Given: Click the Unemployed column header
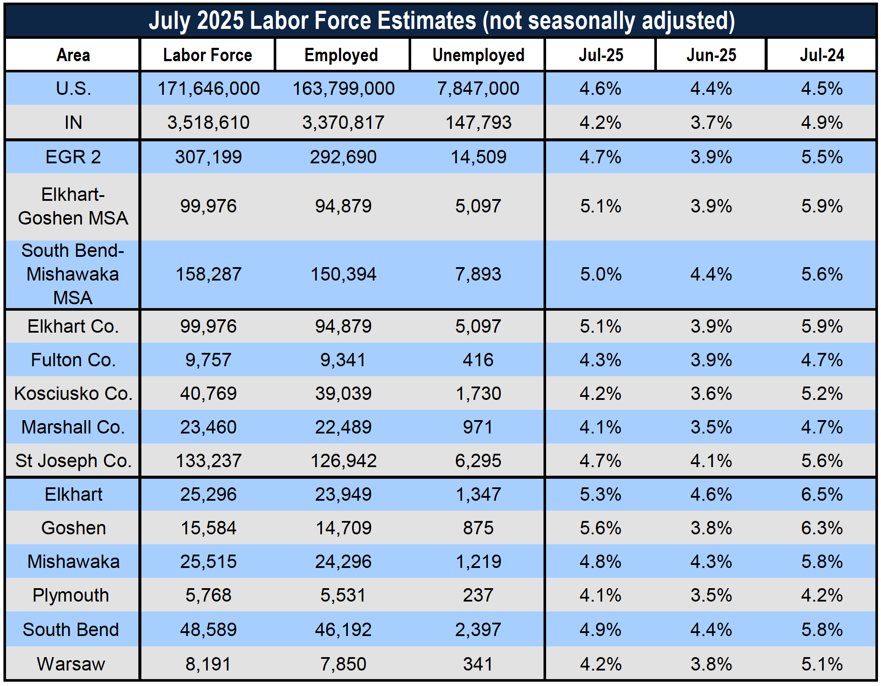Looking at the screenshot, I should [478, 55].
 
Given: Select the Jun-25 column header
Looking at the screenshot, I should [711, 55].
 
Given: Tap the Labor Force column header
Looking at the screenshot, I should [208, 55].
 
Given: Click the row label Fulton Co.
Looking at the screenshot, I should [73, 360].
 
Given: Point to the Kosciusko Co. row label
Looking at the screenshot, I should [73, 393].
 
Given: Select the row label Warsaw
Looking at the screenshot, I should [71, 664].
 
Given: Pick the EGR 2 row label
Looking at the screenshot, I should [73, 157].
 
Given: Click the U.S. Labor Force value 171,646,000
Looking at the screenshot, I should [209, 89].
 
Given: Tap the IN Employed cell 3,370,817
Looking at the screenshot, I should [343, 123].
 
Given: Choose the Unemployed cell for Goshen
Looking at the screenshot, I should [478, 528].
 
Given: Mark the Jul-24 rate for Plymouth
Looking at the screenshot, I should [822, 595].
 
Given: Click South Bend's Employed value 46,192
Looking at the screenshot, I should [343, 630].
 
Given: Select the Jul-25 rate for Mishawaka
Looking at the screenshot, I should [600, 561].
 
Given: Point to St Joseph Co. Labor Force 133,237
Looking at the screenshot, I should [209, 461].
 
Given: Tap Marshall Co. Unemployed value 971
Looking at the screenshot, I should [478, 427].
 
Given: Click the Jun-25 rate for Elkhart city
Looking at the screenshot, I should [711, 494].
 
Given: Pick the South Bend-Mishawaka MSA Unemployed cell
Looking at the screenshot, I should [478, 274].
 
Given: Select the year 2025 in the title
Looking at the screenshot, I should [220, 20].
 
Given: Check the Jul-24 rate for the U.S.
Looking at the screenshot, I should [822, 89].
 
